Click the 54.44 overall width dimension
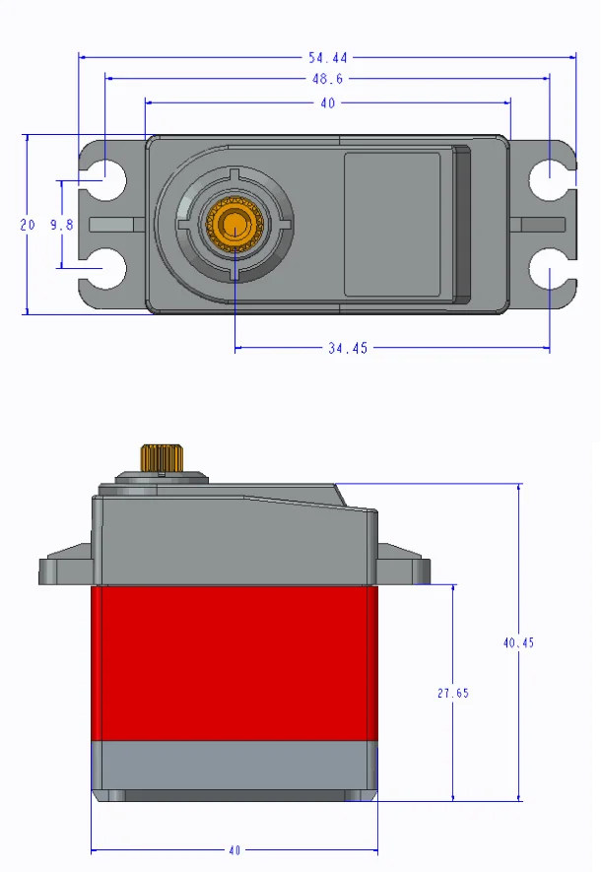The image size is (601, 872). tap(328, 57)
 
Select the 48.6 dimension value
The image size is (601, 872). tap(328, 79)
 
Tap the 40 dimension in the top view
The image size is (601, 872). tap(328, 101)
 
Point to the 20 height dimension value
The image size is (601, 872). tap(28, 225)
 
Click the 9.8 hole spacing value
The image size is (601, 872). tap(62, 225)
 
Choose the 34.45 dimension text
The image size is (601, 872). tap(347, 348)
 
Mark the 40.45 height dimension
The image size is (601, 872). tap(518, 642)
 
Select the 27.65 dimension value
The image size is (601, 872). tap(453, 693)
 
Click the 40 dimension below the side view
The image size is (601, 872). tap(234, 849)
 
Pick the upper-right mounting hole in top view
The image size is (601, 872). tap(546, 178)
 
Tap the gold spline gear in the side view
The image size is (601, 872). tap(158, 458)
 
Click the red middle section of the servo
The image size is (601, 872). tap(234, 662)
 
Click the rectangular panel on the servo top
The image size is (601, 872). tap(392, 225)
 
